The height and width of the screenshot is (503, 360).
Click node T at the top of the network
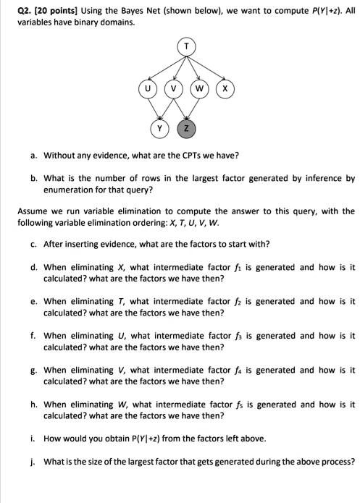[187, 47]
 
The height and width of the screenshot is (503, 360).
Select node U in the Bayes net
[148, 89]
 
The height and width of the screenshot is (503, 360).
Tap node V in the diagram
[174, 89]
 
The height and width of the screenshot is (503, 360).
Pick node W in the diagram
[199, 89]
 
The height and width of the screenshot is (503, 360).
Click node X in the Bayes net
[225, 89]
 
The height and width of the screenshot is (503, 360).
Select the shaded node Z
[187, 129]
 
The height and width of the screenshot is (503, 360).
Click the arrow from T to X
[207, 69]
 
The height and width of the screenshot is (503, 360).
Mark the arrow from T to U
[167, 69]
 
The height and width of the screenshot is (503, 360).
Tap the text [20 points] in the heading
[45, 9]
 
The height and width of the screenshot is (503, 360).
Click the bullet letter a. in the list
[34, 156]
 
